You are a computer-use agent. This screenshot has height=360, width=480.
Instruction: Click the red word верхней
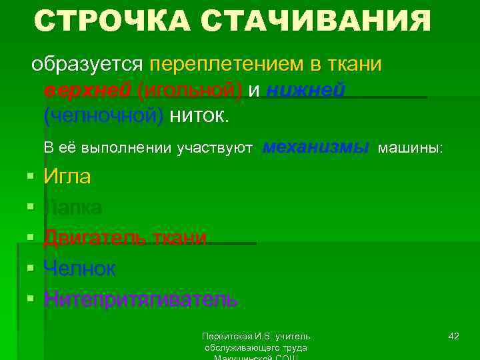(x=87, y=91)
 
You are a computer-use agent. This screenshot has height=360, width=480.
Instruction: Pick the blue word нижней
(x=305, y=91)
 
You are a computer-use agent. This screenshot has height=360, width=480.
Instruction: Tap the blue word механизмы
(x=315, y=147)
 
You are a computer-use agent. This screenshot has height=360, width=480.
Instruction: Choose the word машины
(x=409, y=147)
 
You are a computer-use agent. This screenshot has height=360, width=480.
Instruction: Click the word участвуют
(x=214, y=147)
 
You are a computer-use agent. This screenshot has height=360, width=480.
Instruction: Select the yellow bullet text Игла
(x=67, y=177)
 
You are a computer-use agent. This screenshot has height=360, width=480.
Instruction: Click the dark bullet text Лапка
(x=73, y=207)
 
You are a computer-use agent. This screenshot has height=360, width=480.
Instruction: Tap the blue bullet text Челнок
(x=79, y=269)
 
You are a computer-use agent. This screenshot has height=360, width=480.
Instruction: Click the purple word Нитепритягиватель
(x=140, y=299)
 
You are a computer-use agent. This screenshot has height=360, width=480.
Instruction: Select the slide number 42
(x=453, y=335)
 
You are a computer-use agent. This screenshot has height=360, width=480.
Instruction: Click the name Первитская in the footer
(x=226, y=335)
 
